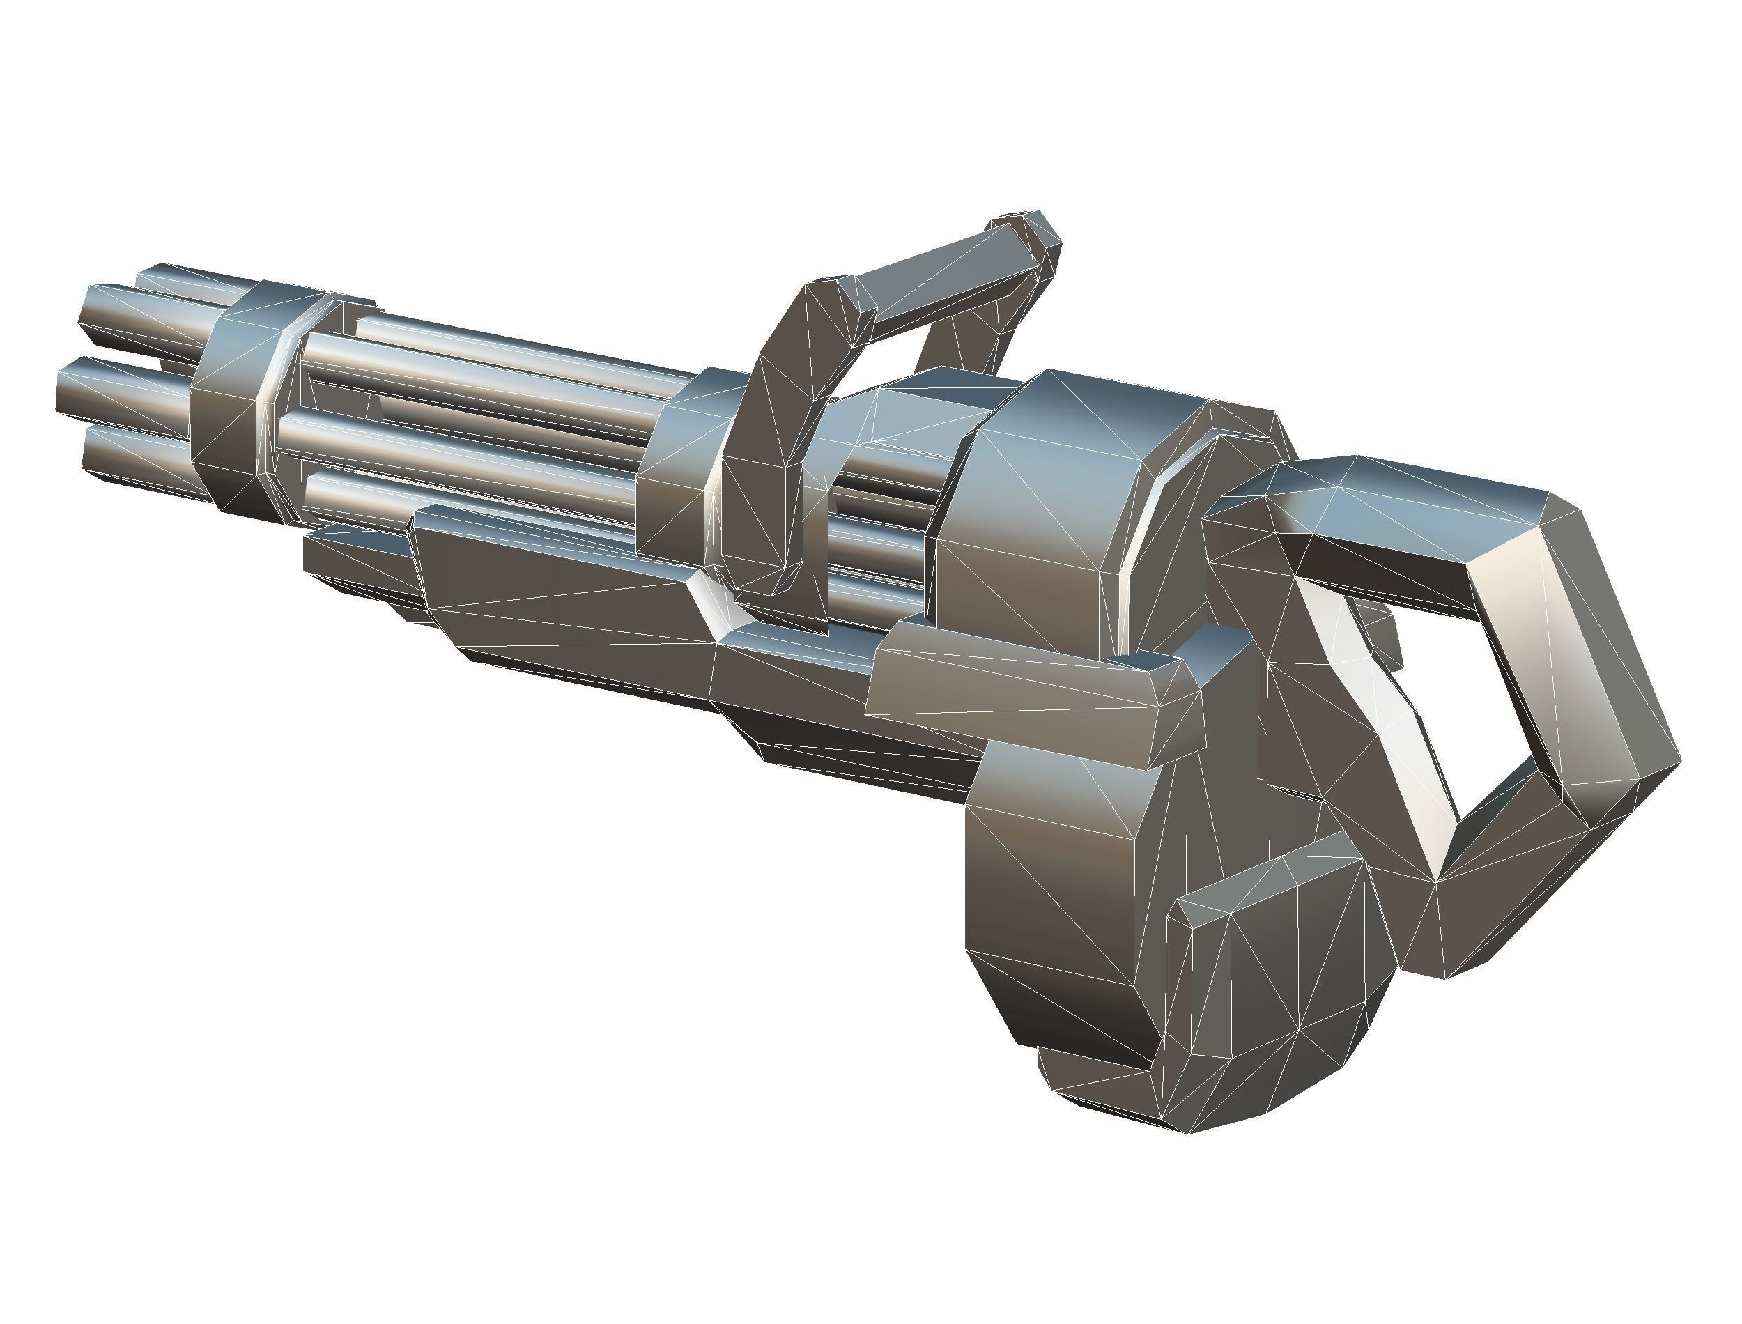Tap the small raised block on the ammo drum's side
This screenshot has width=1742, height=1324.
coord(1277,946)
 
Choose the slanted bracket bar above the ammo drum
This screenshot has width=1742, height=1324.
coord(1024,693)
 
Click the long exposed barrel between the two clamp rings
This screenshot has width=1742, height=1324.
coord(488,371)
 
